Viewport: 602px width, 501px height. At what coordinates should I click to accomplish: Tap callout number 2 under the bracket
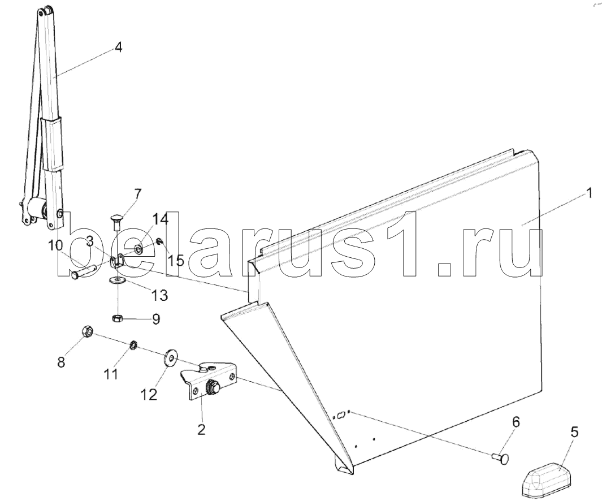point(201,429)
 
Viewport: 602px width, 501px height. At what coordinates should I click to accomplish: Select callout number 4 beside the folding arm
point(118,47)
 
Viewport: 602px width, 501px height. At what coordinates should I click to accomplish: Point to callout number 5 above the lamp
point(574,433)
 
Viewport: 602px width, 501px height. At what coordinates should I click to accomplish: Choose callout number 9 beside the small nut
point(155,319)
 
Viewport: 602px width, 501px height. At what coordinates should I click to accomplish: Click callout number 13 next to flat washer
point(160,295)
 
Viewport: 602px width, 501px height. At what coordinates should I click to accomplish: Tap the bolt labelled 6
point(499,457)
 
